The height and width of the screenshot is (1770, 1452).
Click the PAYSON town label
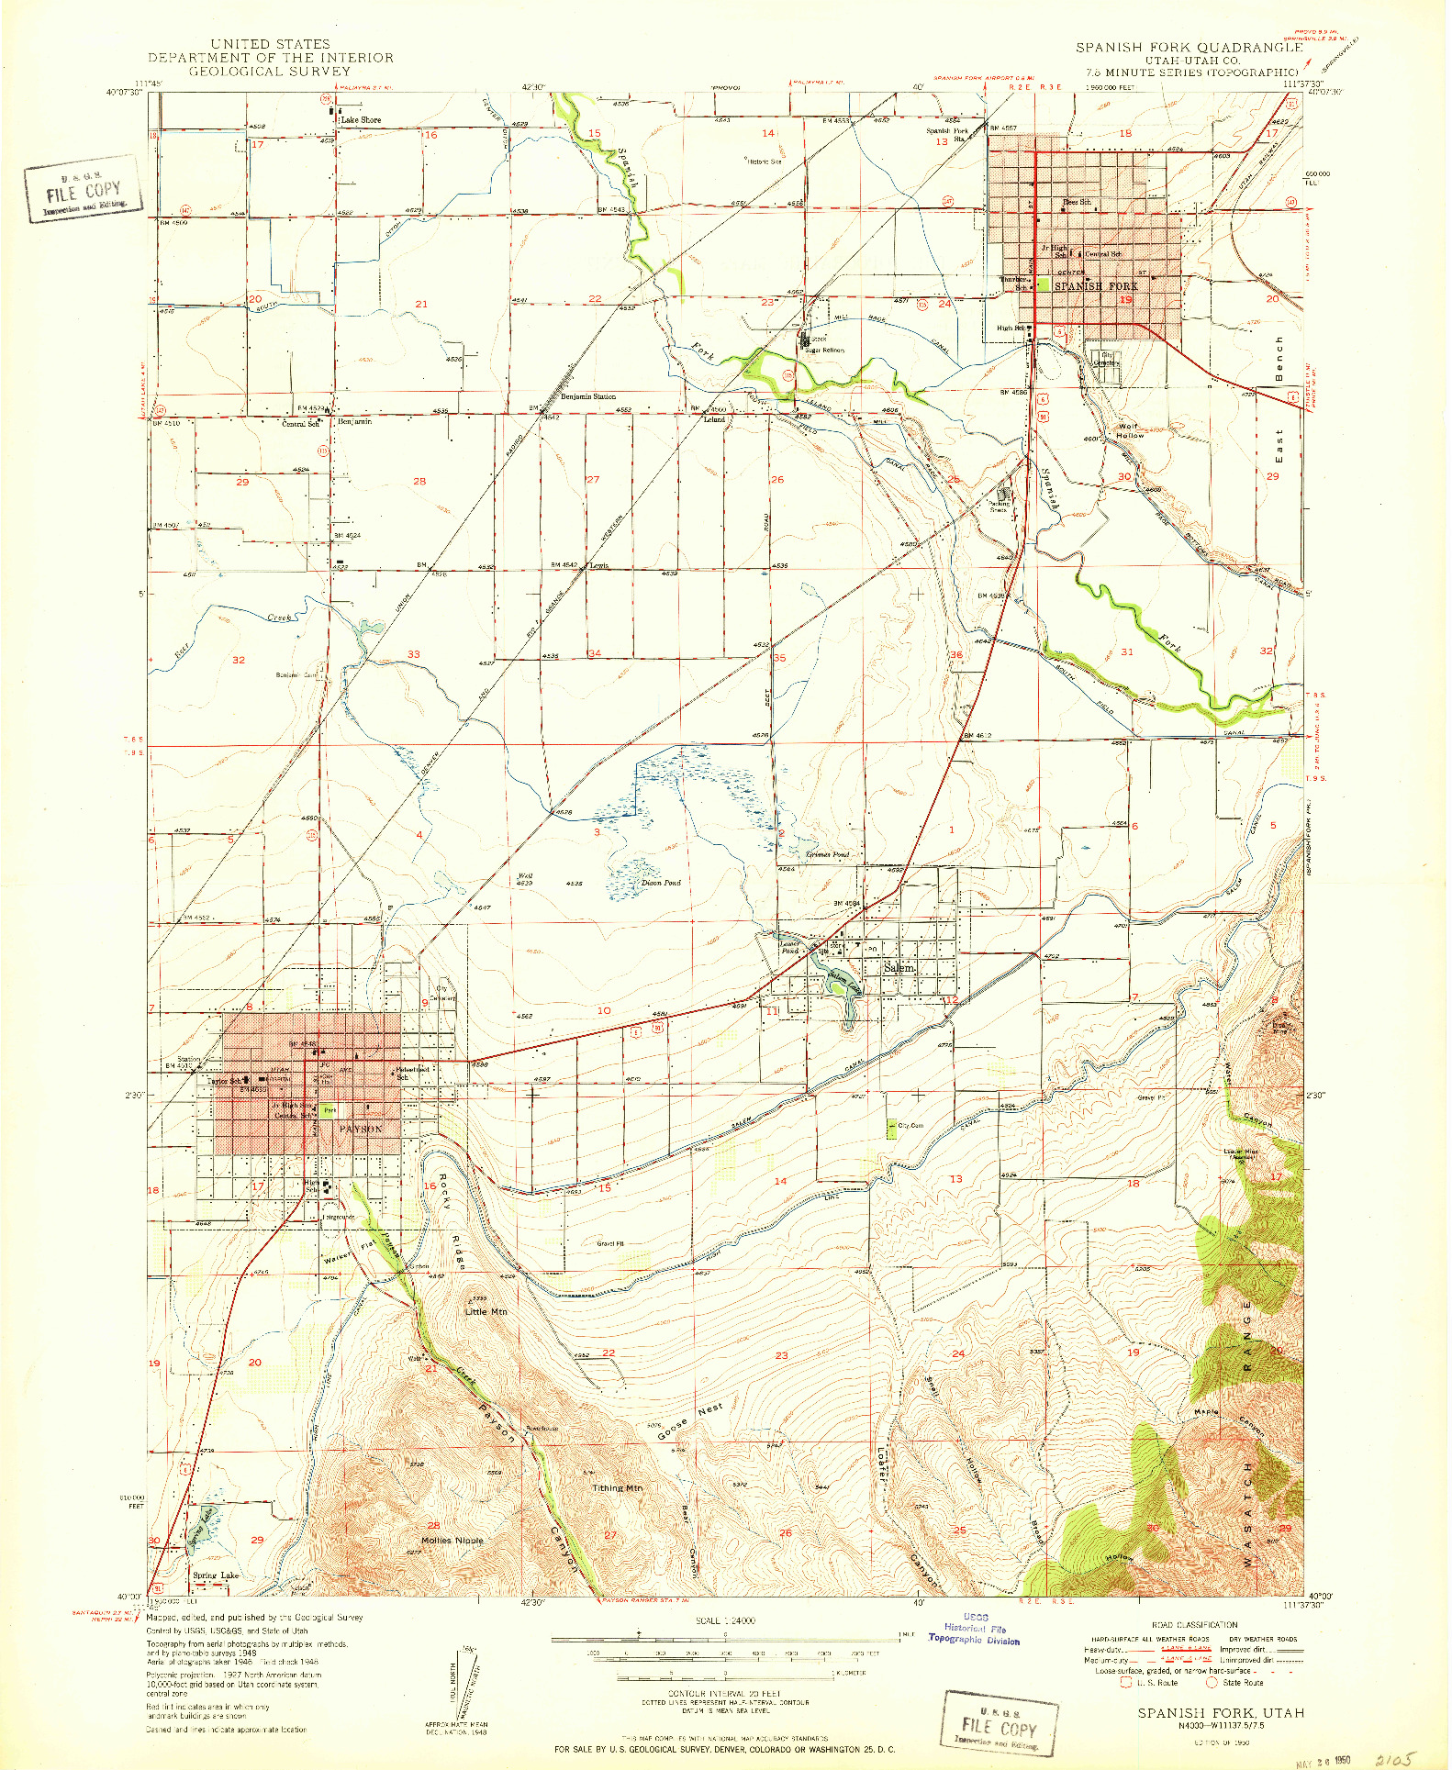(360, 1129)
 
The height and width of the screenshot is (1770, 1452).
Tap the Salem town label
(899, 968)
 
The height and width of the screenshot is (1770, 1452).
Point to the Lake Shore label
(361, 120)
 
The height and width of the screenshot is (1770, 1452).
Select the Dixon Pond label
(660, 883)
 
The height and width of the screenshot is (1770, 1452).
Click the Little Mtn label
(486, 1312)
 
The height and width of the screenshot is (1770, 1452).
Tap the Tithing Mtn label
(617, 1487)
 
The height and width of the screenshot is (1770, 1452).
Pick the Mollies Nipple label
(452, 1541)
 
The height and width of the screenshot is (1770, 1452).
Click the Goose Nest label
(690, 1420)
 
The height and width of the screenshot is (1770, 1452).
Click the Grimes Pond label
(828, 854)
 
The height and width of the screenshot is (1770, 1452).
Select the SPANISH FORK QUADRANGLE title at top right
(1189, 47)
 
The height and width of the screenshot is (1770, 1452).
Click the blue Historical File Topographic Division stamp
(975, 1629)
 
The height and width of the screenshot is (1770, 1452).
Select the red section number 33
(414, 654)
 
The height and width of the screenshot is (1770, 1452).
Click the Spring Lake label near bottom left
(216, 1575)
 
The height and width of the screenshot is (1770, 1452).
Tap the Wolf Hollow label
(1130, 431)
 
